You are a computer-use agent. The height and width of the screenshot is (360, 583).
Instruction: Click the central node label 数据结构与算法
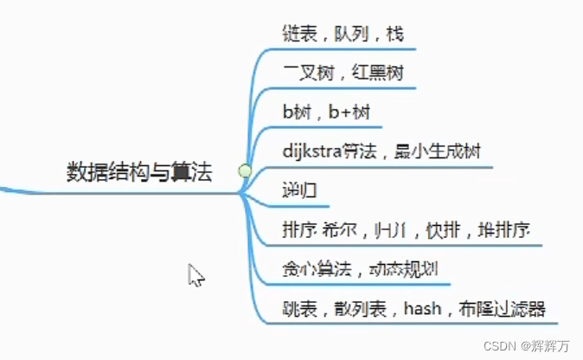[x=138, y=171]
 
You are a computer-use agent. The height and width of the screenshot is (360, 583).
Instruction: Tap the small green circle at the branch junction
[x=245, y=171]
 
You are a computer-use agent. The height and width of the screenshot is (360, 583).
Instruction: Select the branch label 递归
[x=295, y=190]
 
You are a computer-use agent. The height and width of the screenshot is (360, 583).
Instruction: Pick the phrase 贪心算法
[x=314, y=269]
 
